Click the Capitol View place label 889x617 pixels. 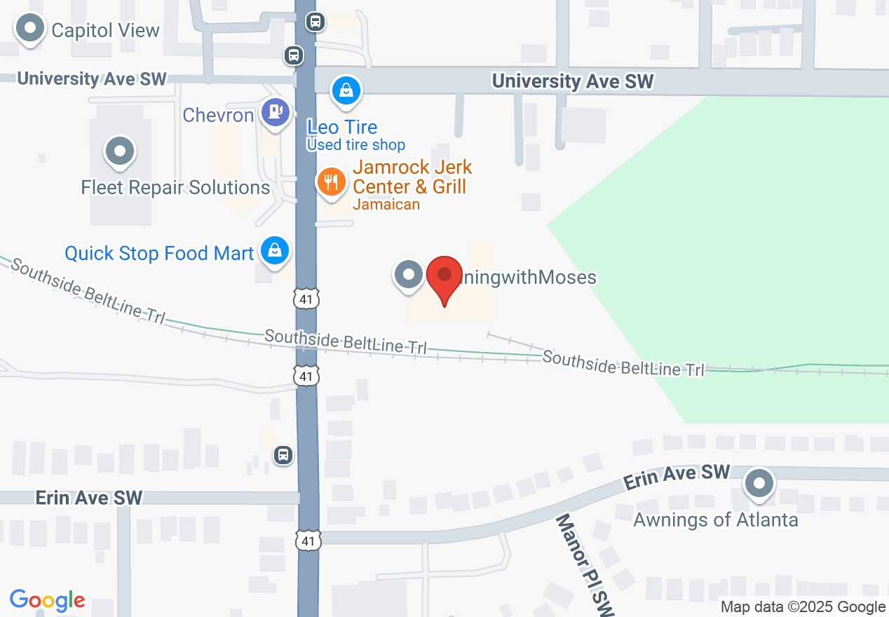105,30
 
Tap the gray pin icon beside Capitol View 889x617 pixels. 29,29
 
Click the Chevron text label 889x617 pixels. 218,115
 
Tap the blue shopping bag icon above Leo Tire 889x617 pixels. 346,90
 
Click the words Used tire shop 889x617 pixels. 356,145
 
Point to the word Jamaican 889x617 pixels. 386,205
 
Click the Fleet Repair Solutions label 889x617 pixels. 175,187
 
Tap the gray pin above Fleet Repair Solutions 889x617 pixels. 120,151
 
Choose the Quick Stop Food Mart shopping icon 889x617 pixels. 275,250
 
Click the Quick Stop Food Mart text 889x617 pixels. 159,253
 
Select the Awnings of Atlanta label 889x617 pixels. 716,520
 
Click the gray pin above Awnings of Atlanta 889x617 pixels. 759,484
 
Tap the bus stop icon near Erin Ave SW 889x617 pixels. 283,455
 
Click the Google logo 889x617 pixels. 48,601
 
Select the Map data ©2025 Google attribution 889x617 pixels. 803,607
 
